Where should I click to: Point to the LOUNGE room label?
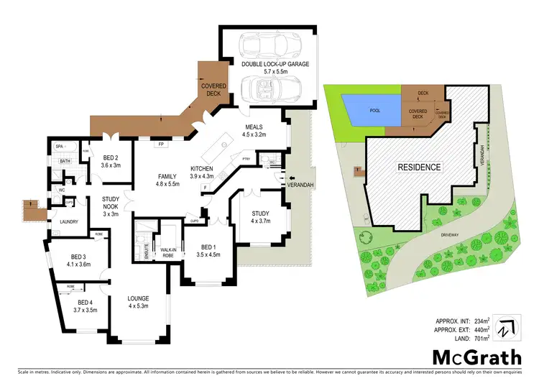tap(137, 302)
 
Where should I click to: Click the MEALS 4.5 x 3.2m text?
tap(257, 129)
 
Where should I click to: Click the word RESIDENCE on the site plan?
tap(418, 167)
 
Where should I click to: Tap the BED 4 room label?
tap(85, 306)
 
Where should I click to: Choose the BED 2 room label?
tap(110, 161)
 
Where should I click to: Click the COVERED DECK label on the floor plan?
tap(213, 90)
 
